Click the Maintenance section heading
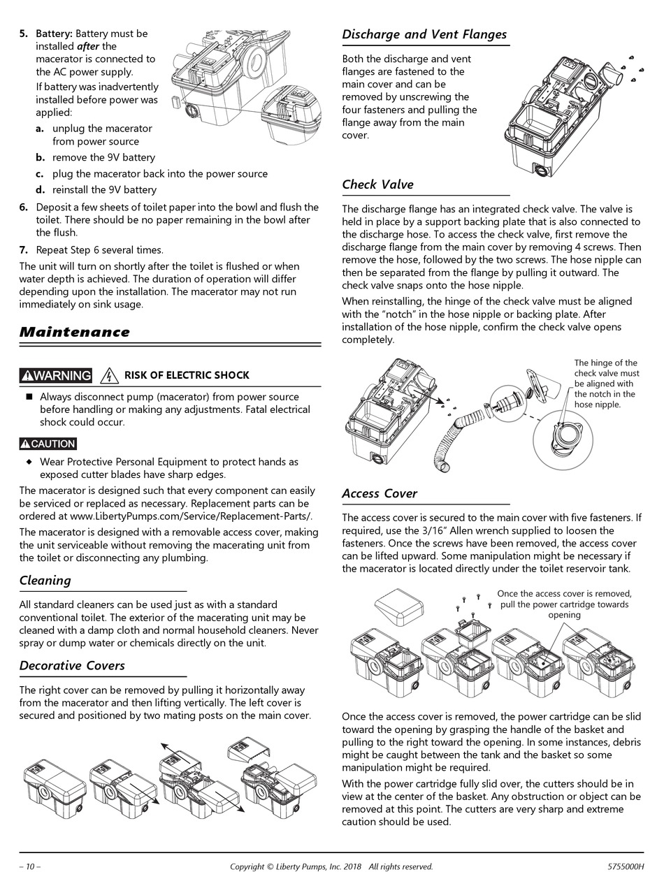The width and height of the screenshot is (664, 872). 75,332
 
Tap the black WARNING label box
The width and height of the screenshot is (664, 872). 56,375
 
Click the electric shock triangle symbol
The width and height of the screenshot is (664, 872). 108,375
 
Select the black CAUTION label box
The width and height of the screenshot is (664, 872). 48,444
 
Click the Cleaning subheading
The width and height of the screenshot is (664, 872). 45,580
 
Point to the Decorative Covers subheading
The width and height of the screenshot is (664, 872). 72,665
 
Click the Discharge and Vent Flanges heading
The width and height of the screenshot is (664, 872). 424,34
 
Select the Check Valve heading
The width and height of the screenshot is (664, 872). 377,184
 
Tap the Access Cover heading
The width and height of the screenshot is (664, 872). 380,493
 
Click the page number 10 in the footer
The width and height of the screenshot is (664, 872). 30,866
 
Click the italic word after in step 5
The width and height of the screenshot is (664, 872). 89,46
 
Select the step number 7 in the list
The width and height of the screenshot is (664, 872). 24,249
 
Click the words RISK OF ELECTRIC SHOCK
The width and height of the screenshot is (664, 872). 187,375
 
